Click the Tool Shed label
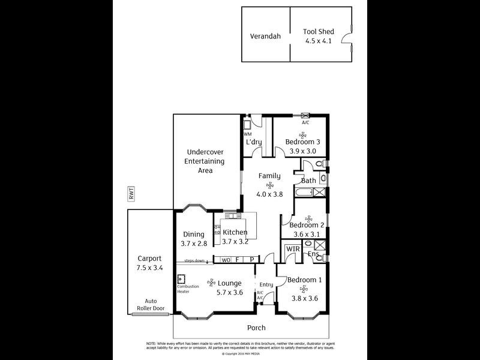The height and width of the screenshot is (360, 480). pos(317,32)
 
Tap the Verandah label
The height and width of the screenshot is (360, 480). pos(265,36)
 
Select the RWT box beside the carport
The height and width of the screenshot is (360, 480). pos(131,193)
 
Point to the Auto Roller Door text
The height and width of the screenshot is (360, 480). pos(150,305)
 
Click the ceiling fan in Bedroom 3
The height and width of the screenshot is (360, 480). pos(303,134)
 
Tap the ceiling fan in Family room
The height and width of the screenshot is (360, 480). pos(269,185)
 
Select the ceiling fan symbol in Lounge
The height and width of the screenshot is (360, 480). pos(211,283)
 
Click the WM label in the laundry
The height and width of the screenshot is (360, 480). pos(247,133)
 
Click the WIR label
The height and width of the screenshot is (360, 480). pos(293,249)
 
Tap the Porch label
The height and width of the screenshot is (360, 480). pos(256,328)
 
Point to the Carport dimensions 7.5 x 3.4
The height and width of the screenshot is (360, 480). pos(149,268)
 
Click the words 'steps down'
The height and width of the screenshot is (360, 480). pos(194,261)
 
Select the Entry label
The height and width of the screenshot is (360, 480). pos(266,285)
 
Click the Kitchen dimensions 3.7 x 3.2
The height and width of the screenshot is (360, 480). pos(235,242)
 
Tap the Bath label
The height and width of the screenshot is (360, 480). pos(308,181)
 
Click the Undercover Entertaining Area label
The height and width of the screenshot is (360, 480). pos(205,161)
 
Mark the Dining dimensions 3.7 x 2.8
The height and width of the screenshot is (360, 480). pos(194,244)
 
